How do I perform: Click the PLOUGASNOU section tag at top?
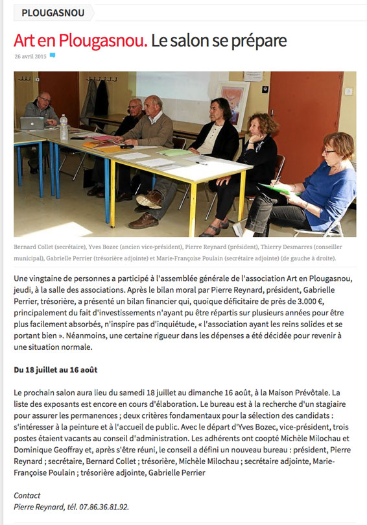coord(53,13)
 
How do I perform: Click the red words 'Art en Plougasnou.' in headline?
coord(80,41)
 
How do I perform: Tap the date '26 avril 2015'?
coord(30,56)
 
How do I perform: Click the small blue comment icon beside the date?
coord(53,56)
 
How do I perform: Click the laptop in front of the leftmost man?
coord(32,123)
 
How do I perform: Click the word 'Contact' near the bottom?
coord(27,496)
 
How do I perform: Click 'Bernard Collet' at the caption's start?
coord(34,247)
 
